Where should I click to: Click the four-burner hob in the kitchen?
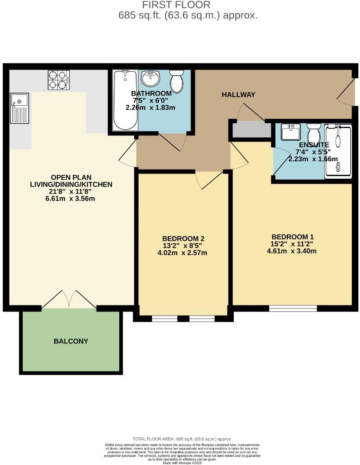pos(59,80)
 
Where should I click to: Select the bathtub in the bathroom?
pos(125,100)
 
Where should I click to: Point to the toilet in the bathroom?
pos(177,81)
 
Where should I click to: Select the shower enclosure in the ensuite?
pos(338,151)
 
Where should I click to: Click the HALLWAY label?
pos(238,95)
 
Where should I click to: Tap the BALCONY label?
pos(71,341)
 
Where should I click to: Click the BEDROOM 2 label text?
pos(183,239)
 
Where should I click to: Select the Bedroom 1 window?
pos(293,309)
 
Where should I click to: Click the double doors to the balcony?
pos(69,300)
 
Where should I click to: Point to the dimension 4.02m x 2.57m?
pos(183,253)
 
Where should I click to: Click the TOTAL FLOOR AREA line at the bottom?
pos(182,439)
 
